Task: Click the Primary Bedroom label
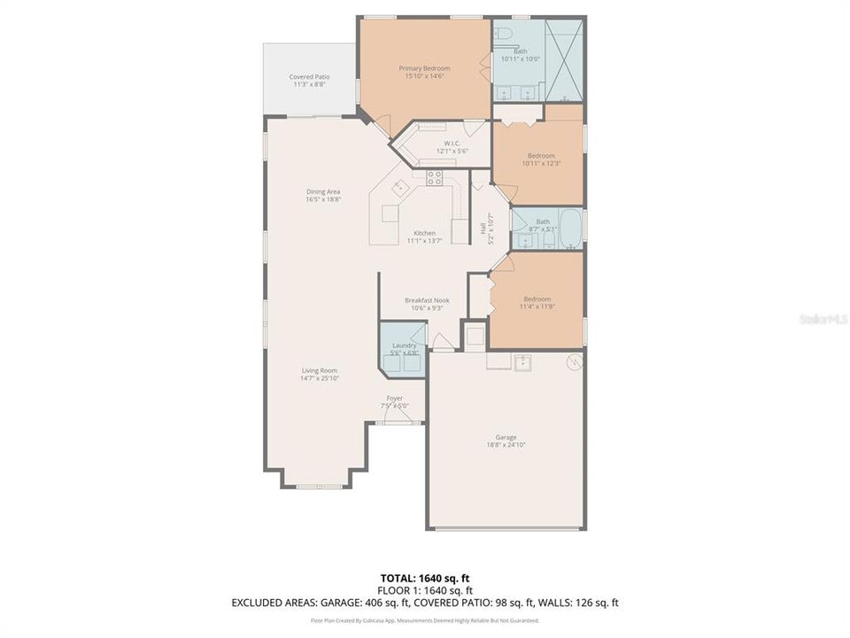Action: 424,68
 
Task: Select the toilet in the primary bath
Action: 504,34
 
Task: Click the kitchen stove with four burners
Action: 434,178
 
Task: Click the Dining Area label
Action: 323,191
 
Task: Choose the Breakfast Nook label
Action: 427,300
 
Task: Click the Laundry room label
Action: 404,345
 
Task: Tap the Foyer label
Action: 395,398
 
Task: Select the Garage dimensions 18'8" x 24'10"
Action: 506,446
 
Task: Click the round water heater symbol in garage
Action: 574,362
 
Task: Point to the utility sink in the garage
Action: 523,362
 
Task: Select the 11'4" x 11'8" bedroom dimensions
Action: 537,307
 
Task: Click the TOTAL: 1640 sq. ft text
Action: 424,578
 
